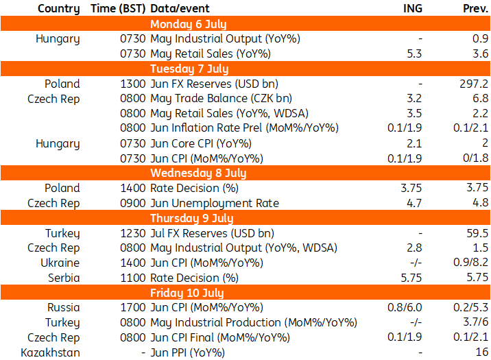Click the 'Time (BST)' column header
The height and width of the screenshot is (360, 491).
118,8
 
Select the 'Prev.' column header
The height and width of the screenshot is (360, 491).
475,8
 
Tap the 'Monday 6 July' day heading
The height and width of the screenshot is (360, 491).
188,24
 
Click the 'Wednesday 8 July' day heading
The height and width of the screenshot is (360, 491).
198,173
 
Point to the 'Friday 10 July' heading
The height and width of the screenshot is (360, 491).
187,293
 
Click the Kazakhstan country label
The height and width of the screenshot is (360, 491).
51,352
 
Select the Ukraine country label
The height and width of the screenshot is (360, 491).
60,263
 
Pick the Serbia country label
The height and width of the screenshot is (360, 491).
64,278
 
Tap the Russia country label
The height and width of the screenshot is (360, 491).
64,307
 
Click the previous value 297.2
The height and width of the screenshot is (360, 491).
474,84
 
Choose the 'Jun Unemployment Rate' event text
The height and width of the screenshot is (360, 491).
215,203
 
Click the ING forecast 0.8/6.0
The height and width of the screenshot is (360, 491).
405,307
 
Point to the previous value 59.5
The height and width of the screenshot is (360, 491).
477,233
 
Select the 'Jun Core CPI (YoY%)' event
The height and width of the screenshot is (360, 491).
201,144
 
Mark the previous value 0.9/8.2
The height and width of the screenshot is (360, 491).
470,262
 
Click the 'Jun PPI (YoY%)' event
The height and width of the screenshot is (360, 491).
188,352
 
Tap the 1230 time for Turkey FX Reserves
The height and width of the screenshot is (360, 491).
133,233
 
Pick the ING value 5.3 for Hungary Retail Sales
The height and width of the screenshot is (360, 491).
414,53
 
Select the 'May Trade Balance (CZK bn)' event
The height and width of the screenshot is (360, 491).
221,99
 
